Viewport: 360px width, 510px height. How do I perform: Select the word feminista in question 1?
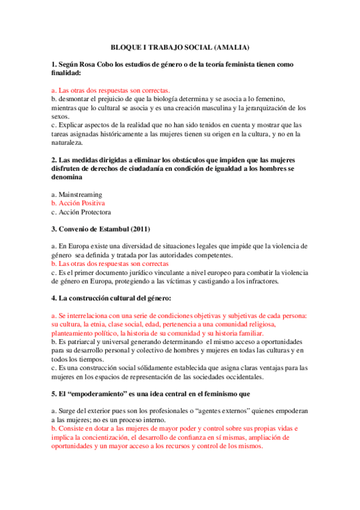click(240, 63)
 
